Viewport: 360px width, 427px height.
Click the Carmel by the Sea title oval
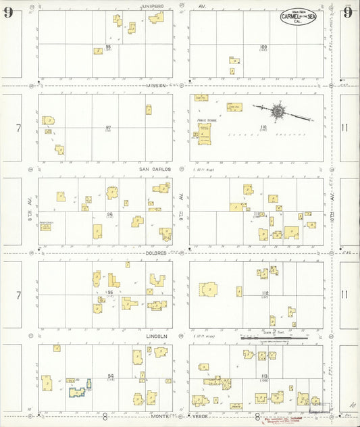point(298,18)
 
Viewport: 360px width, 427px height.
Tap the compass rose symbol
point(278,109)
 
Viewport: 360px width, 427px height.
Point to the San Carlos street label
point(155,170)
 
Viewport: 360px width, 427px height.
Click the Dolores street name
point(155,253)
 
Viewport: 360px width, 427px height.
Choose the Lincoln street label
point(156,336)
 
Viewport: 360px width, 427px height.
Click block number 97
point(108,127)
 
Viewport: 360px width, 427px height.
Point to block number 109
point(263,46)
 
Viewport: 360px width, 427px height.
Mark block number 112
point(264,293)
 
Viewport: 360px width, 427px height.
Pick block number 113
point(264,376)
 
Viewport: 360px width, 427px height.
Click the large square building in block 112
point(209,289)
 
